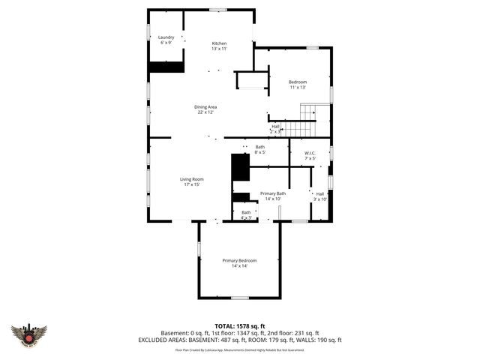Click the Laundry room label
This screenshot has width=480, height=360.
pyautogui.click(x=166, y=40)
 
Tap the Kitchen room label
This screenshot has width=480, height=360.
pyautogui.click(x=219, y=46)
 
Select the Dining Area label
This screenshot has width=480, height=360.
pyautogui.click(x=205, y=109)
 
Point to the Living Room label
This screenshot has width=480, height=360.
pyautogui.click(x=191, y=181)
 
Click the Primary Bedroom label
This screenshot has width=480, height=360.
pyautogui.click(x=239, y=262)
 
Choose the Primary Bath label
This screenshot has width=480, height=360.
pyautogui.click(x=273, y=196)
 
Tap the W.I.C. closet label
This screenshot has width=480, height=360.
pyautogui.click(x=310, y=156)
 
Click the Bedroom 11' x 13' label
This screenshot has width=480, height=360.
pyautogui.click(x=298, y=84)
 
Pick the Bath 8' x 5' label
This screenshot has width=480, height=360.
pyautogui.click(x=259, y=149)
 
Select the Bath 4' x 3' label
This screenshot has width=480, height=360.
pyautogui.click(x=246, y=214)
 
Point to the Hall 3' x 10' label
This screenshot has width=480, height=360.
pyautogui.click(x=320, y=196)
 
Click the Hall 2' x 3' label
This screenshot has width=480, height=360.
pyautogui.click(x=275, y=128)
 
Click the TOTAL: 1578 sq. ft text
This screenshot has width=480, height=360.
pyautogui.click(x=240, y=325)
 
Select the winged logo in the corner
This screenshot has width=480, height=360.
pyautogui.click(x=28, y=335)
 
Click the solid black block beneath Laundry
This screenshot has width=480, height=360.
pyautogui.click(x=166, y=67)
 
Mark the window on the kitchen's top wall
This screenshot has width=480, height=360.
pyautogui.click(x=218, y=10)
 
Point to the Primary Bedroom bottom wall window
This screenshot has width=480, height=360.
pyautogui.click(x=239, y=298)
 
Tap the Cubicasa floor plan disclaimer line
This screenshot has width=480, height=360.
pyautogui.click(x=240, y=349)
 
